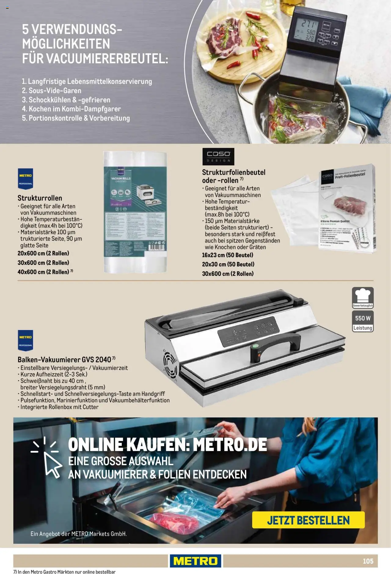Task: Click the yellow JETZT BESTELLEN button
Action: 308,520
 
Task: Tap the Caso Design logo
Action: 218,156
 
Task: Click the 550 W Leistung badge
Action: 363,321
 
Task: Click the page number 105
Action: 368,561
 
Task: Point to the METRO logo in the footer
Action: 195,561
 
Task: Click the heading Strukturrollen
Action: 40,198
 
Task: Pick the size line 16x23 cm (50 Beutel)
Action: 228,255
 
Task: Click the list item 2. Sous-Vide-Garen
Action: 52,91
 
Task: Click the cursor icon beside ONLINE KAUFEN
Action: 49,459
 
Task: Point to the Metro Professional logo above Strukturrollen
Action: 25,179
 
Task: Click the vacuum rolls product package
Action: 135,212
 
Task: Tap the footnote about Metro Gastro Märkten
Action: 64,571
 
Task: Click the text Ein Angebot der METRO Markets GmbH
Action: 79,534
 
